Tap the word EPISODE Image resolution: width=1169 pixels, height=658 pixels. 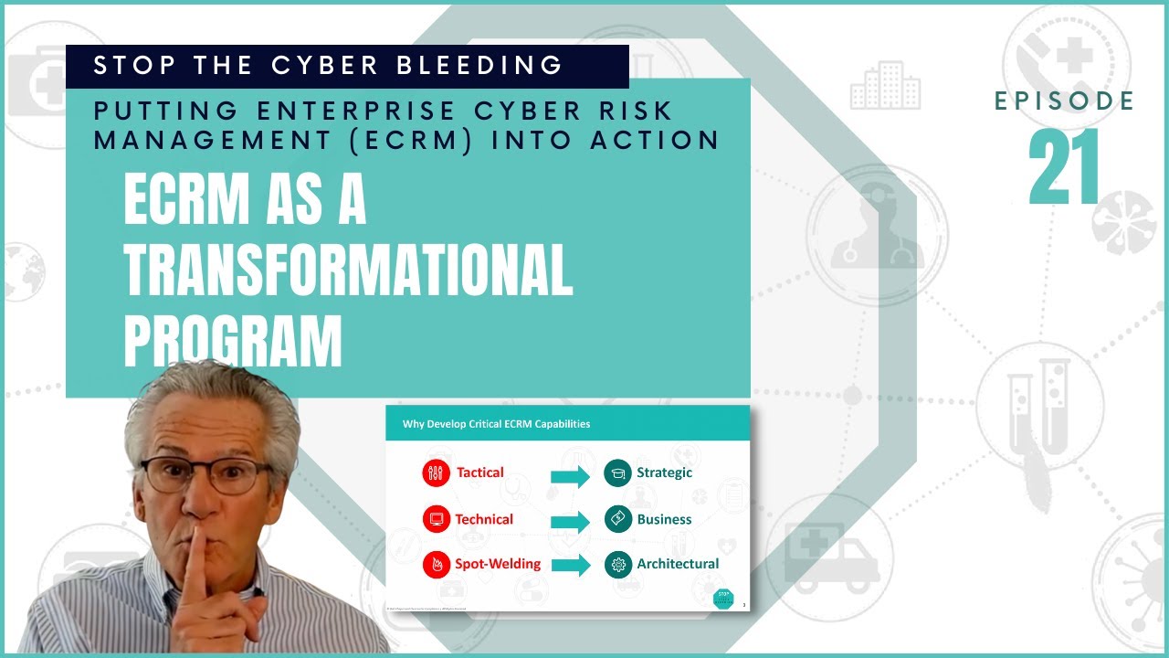1064,101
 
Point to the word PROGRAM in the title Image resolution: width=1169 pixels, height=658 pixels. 233,340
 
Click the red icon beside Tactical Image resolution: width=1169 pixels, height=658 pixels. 437,472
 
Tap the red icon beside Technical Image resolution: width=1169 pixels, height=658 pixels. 437,519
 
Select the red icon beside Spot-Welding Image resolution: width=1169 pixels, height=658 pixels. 437,565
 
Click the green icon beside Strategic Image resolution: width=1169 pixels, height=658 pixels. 617,472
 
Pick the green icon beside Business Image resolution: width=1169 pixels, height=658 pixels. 617,519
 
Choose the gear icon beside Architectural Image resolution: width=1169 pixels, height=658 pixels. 617,565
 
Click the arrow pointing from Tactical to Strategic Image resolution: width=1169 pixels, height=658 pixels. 571,475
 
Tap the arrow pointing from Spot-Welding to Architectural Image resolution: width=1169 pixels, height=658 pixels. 571,566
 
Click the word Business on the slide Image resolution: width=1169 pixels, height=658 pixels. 664,519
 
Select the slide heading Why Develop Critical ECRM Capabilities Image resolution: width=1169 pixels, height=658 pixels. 496,424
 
